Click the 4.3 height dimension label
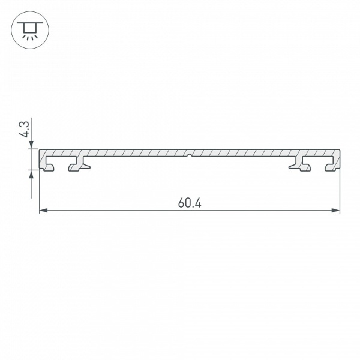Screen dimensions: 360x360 pos(25,130)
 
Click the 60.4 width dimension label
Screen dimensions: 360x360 pos(190,203)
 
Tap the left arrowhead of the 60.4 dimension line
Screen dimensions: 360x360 pos(44,210)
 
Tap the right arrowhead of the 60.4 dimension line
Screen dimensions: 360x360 pos(335,210)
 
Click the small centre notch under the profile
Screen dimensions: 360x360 pos(190,157)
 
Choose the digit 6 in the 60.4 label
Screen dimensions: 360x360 pos(181,203)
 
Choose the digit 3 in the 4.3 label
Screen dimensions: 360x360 pos(25,124)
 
